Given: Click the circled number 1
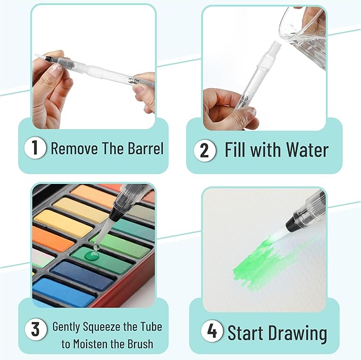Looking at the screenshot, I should [35, 147].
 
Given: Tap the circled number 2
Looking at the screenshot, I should [204, 149].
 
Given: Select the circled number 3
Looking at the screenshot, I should [35, 329].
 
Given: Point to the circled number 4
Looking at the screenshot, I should [212, 332].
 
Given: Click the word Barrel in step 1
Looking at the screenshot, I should [144, 148].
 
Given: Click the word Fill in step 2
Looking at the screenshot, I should [235, 149].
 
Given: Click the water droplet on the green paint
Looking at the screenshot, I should [93, 255].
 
